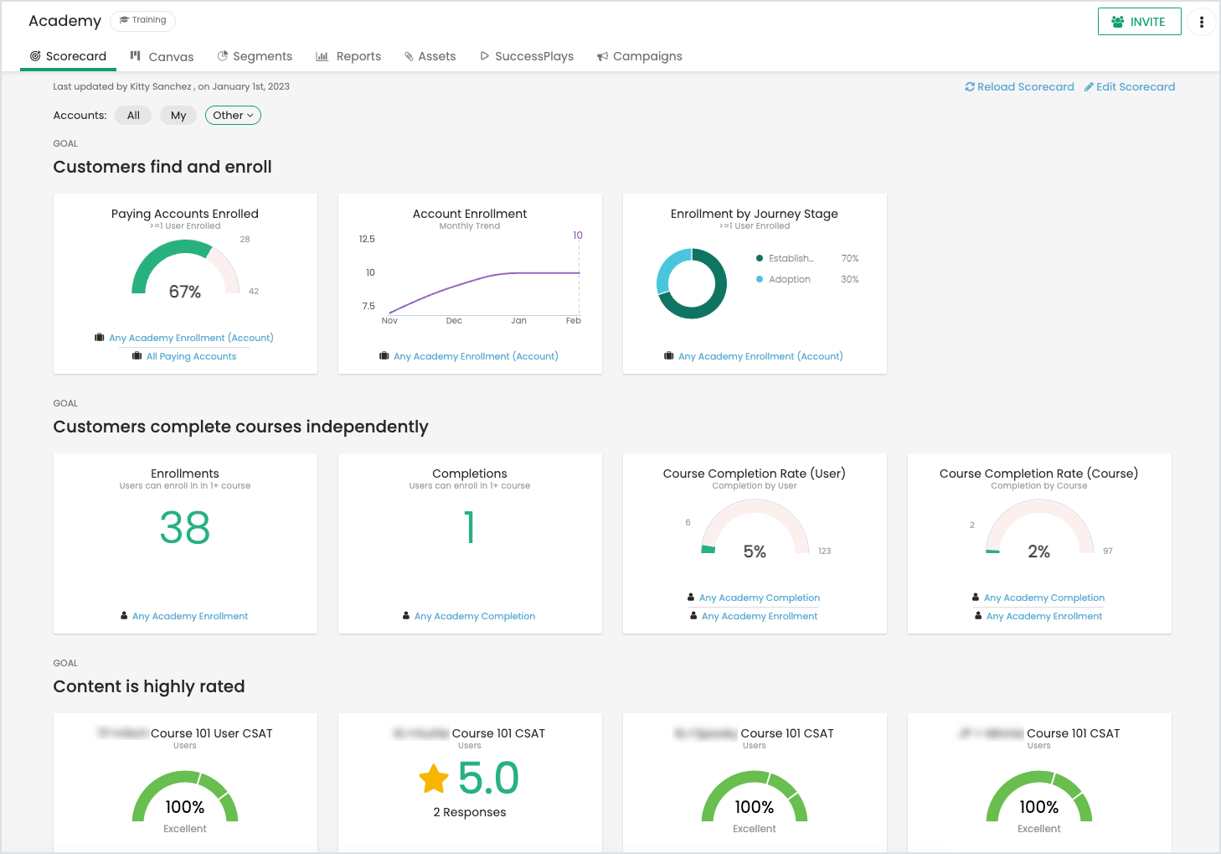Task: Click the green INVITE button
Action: [1139, 22]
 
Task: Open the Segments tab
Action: [255, 56]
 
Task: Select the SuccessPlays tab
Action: [527, 56]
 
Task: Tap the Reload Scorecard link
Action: [1019, 86]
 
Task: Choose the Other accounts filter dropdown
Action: [233, 116]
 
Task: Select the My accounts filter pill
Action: [178, 116]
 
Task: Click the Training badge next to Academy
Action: [143, 20]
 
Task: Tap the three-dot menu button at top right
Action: [1201, 22]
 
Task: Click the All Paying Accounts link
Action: [191, 356]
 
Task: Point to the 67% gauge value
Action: [185, 292]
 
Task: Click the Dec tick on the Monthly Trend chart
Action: [454, 321]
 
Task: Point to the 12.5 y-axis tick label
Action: [367, 239]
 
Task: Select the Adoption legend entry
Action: [789, 279]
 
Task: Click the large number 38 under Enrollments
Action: [185, 528]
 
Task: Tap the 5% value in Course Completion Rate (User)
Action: [755, 551]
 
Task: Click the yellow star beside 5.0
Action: [434, 779]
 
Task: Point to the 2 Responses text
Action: [470, 812]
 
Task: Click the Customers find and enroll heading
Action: [162, 167]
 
